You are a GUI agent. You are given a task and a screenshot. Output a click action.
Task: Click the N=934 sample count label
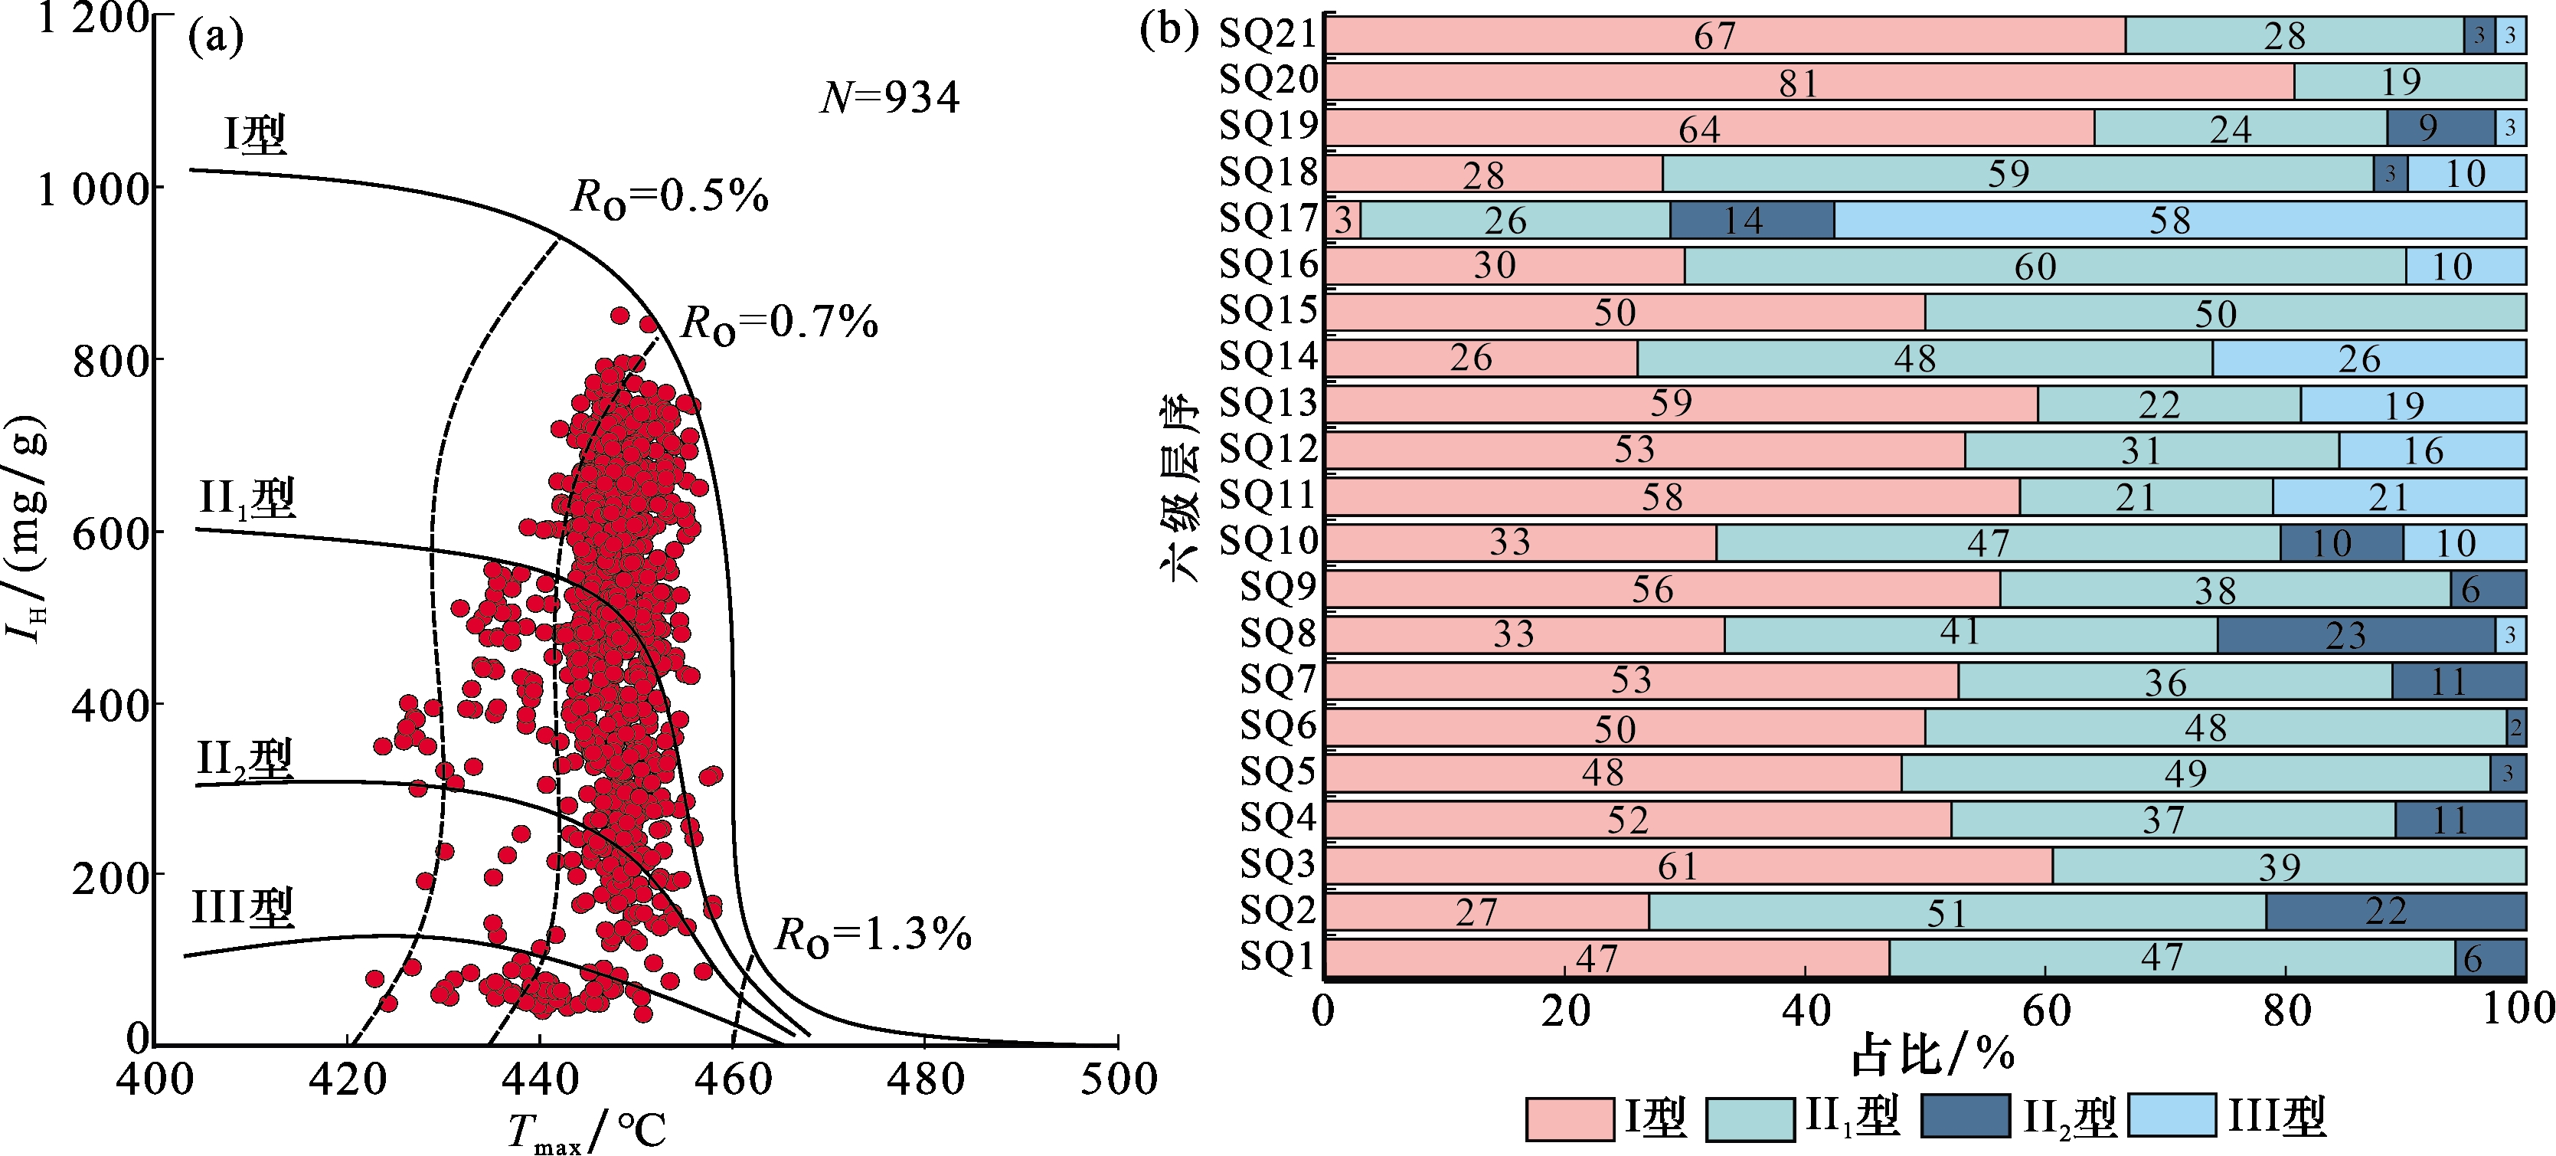(890, 97)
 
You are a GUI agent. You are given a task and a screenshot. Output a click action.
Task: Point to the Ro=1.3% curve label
(872, 935)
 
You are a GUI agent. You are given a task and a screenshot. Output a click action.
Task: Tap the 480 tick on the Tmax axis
(925, 1079)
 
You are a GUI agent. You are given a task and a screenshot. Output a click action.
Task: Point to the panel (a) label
(215, 38)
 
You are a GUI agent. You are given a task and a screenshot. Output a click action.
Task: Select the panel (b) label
(1169, 30)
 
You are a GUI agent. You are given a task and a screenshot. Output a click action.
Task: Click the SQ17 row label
(1268, 219)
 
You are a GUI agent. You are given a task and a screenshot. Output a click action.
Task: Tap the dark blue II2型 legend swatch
(1965, 1116)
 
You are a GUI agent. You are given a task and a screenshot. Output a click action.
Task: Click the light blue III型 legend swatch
(2173, 1116)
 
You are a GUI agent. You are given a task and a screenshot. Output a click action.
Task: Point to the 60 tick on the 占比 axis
(2046, 1010)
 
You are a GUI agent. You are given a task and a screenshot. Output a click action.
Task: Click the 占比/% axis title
(1932, 1054)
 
